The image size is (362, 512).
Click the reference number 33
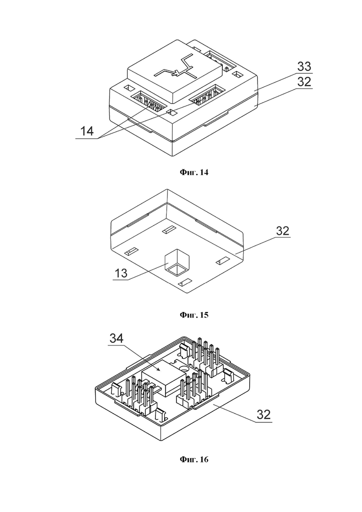tap(304, 67)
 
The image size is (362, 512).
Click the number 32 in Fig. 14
tap(304, 82)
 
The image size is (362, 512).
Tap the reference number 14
tap(87, 131)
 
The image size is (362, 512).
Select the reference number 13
tap(121, 273)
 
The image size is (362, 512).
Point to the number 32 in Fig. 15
tap(283, 231)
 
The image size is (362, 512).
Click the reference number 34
tap(116, 338)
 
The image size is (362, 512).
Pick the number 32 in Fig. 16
tap(264, 415)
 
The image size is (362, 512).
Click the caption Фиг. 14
tap(194, 172)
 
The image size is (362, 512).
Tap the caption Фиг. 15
tap(194, 315)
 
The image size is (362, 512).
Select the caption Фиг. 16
tap(194, 460)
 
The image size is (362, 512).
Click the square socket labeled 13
tap(177, 262)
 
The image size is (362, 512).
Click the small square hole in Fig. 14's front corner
tap(172, 112)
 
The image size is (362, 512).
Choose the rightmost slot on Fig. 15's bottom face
tap(223, 261)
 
